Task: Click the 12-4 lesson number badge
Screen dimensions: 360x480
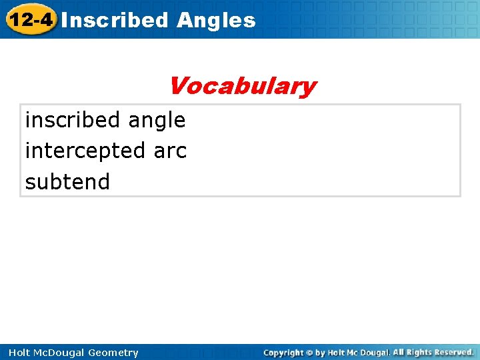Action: coord(29,19)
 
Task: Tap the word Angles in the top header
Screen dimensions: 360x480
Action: coord(216,20)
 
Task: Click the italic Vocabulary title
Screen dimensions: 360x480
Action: coord(241,86)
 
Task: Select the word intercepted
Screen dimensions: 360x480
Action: coord(86,151)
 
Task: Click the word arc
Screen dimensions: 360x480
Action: coord(171,151)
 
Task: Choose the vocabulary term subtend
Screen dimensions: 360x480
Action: coord(67,181)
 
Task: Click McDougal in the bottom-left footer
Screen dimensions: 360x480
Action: coord(63,353)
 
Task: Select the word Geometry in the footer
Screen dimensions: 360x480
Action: coord(115,353)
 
